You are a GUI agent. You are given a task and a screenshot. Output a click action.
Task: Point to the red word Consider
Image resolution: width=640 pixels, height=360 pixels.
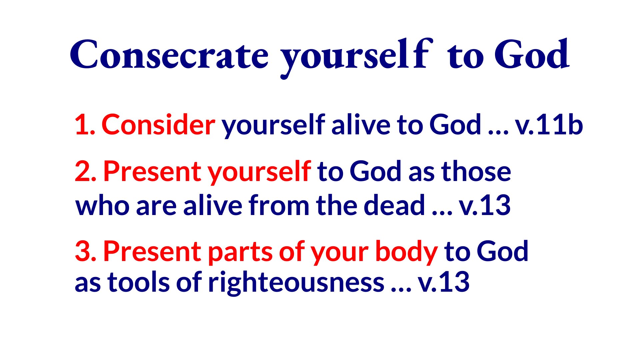[x=158, y=124]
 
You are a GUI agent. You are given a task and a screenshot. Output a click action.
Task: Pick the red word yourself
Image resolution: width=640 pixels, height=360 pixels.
[x=259, y=172]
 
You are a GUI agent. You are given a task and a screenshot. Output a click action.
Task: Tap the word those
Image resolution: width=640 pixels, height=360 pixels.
[x=476, y=171]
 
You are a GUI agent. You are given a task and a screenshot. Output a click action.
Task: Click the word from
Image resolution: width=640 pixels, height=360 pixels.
[x=279, y=205]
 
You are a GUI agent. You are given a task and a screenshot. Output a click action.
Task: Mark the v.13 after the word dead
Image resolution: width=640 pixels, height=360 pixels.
[x=485, y=206]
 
